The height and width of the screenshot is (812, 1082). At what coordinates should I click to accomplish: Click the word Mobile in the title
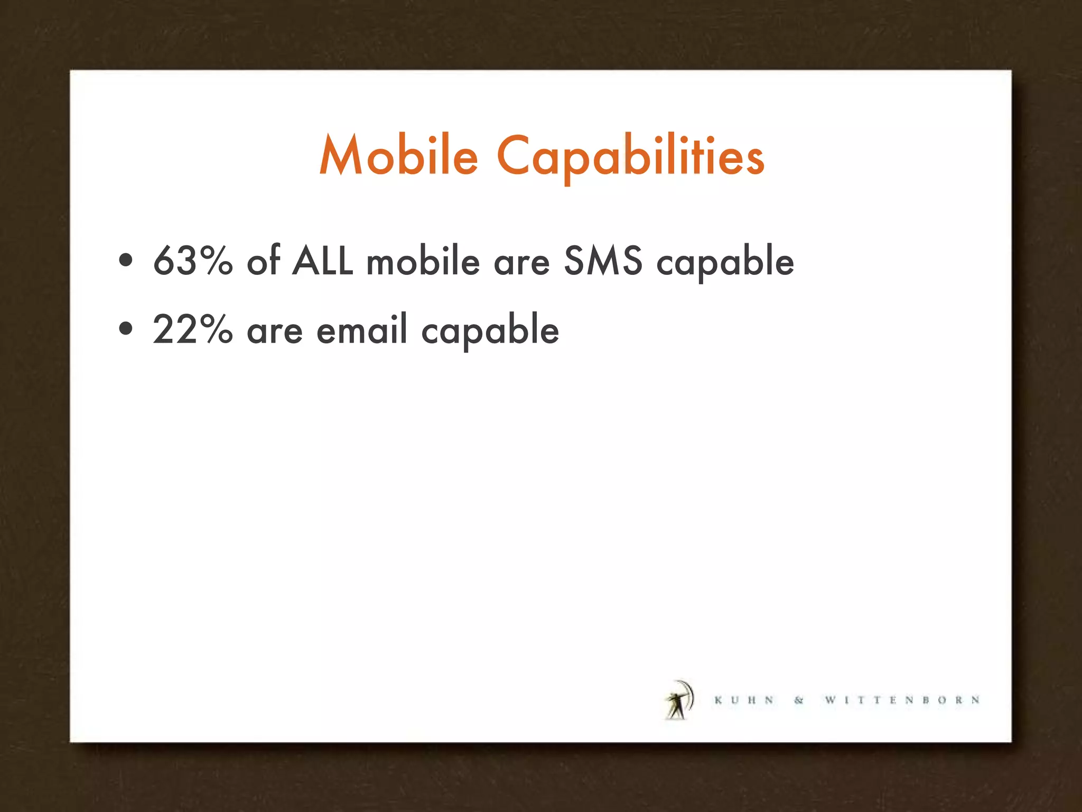[399, 156]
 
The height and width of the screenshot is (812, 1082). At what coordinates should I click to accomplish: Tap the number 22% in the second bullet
[193, 329]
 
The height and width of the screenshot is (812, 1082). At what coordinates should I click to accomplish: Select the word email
[362, 329]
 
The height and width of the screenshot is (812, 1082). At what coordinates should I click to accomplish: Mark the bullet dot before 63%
[126, 260]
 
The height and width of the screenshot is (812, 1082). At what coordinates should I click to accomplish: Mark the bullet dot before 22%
[126, 329]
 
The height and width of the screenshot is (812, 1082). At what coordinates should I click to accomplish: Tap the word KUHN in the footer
[744, 700]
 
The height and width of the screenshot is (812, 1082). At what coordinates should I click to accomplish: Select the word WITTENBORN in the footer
[902, 700]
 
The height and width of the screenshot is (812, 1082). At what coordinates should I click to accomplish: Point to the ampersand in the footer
[799, 700]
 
